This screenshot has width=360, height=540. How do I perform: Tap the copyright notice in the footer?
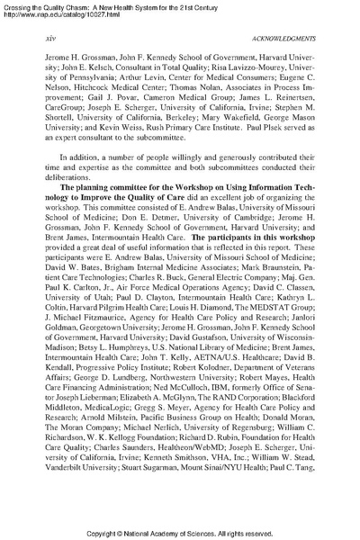click(x=180, y=532)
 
